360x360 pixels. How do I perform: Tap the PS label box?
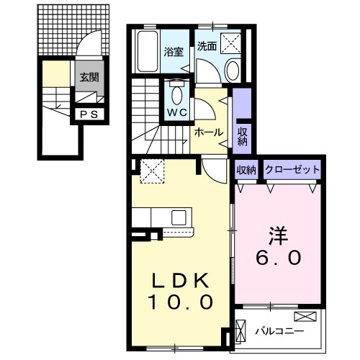click(90, 114)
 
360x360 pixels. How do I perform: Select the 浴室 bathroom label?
click(173, 52)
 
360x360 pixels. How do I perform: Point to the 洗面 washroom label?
click(207, 45)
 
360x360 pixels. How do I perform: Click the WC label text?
click(178, 112)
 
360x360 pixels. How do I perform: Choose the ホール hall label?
click(209, 132)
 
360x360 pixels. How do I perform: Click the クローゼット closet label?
click(292, 169)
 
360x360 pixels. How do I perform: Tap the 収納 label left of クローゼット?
click(246, 169)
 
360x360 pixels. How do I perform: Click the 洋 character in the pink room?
click(279, 235)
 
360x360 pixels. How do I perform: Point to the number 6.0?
click(278, 256)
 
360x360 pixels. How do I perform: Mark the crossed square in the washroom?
click(233, 42)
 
